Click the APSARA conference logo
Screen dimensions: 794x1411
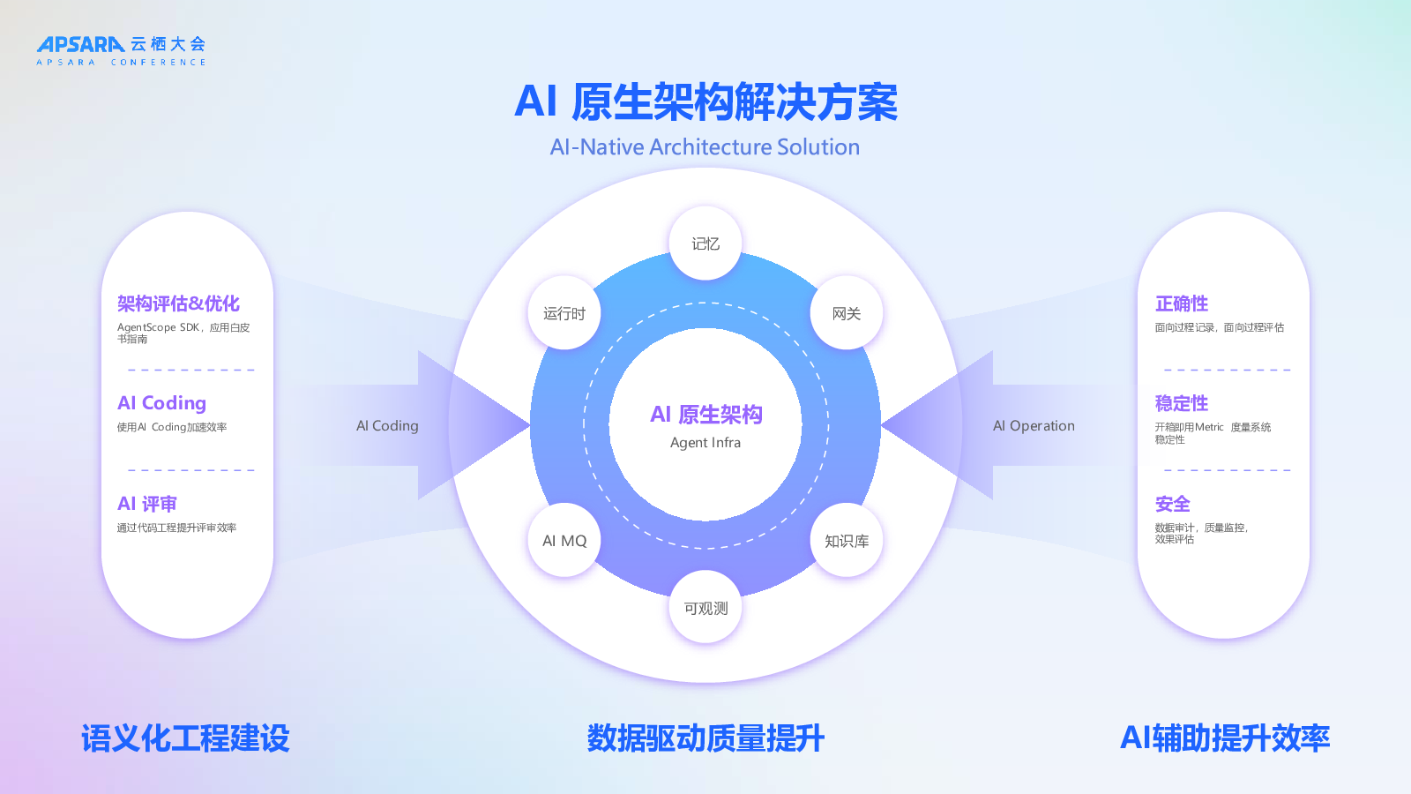[x=121, y=49]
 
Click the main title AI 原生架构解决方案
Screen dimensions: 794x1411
[x=705, y=102]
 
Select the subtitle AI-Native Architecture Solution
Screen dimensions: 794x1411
[x=705, y=147]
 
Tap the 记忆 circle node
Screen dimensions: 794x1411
[x=705, y=243]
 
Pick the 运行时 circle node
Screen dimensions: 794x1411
[x=564, y=313]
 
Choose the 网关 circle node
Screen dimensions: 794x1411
[x=847, y=313]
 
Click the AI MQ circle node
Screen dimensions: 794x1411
[x=564, y=541]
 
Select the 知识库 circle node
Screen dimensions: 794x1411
[x=847, y=541]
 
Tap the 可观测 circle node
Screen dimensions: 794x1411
[x=705, y=609]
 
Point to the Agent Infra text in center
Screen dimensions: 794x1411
[x=705, y=443]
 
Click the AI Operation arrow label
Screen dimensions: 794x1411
[x=1034, y=426]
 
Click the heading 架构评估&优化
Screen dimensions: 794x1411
[x=178, y=303]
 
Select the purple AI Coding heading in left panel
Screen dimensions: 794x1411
[x=162, y=403]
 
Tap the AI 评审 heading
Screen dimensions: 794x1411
[x=147, y=504]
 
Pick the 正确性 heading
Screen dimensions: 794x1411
[x=1182, y=303]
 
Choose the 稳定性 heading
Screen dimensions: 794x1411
[x=1182, y=403]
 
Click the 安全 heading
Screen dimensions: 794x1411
[x=1173, y=504]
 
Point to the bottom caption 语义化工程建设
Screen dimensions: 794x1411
[x=185, y=738]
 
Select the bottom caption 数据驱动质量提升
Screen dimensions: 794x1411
[x=705, y=738]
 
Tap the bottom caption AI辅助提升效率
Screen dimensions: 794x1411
[x=1225, y=738]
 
